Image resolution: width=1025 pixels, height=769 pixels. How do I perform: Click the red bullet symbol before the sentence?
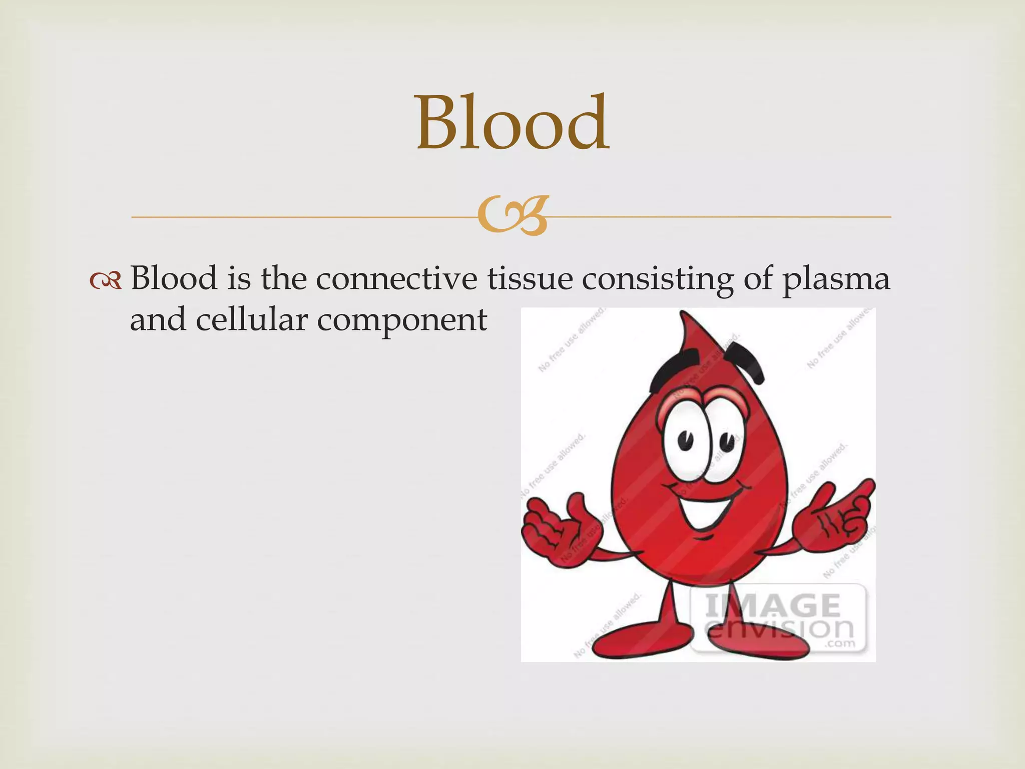pos(106,281)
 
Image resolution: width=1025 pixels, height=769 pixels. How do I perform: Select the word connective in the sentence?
pos(396,278)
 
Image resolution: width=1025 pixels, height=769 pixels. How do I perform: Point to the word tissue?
pos(530,278)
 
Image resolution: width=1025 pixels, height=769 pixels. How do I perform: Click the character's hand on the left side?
pos(556,531)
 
